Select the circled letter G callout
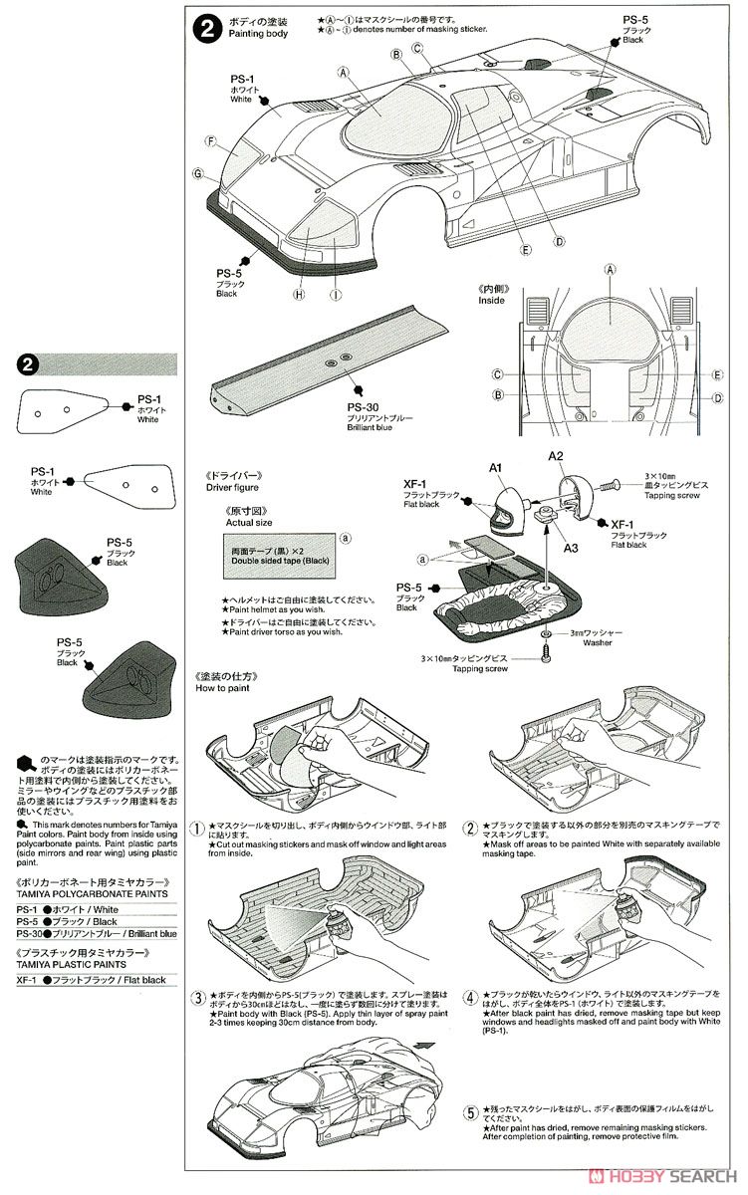click(x=198, y=173)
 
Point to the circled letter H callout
click(x=298, y=294)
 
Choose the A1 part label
click(x=494, y=467)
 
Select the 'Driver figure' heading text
click(x=232, y=487)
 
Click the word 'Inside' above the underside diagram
click(x=492, y=300)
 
